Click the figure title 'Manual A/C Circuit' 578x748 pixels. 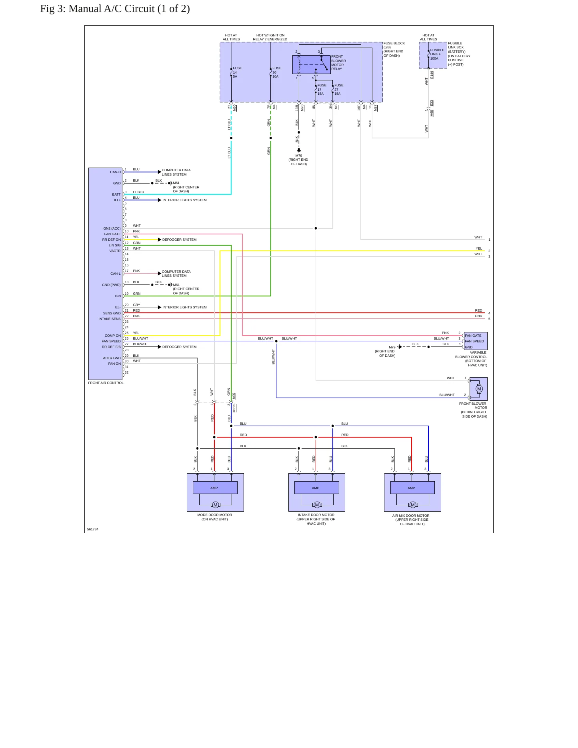click(x=112, y=9)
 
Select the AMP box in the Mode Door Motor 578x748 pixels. click(x=215, y=488)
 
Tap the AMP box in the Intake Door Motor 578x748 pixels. click(x=316, y=488)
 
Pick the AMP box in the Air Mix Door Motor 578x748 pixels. click(x=412, y=488)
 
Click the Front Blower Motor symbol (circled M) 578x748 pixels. click(x=479, y=389)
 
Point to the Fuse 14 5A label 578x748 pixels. click(x=237, y=72)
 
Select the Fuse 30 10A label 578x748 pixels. click(x=277, y=72)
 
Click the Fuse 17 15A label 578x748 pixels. click(x=322, y=90)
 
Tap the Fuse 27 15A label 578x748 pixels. click(x=339, y=90)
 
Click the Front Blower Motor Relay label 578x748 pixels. click(x=338, y=63)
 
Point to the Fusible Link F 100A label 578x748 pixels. click(x=437, y=54)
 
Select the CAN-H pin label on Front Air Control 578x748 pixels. click(x=116, y=172)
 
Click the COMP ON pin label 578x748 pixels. click(x=113, y=336)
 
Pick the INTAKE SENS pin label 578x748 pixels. click(x=110, y=319)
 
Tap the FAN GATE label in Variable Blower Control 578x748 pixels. click(x=473, y=336)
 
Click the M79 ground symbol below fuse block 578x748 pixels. click(x=299, y=150)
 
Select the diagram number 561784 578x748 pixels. click(x=93, y=529)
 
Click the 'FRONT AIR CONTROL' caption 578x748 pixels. click(x=106, y=383)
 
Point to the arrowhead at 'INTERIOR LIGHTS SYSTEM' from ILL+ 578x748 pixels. click(x=160, y=200)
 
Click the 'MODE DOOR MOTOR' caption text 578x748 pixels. click(x=215, y=515)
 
